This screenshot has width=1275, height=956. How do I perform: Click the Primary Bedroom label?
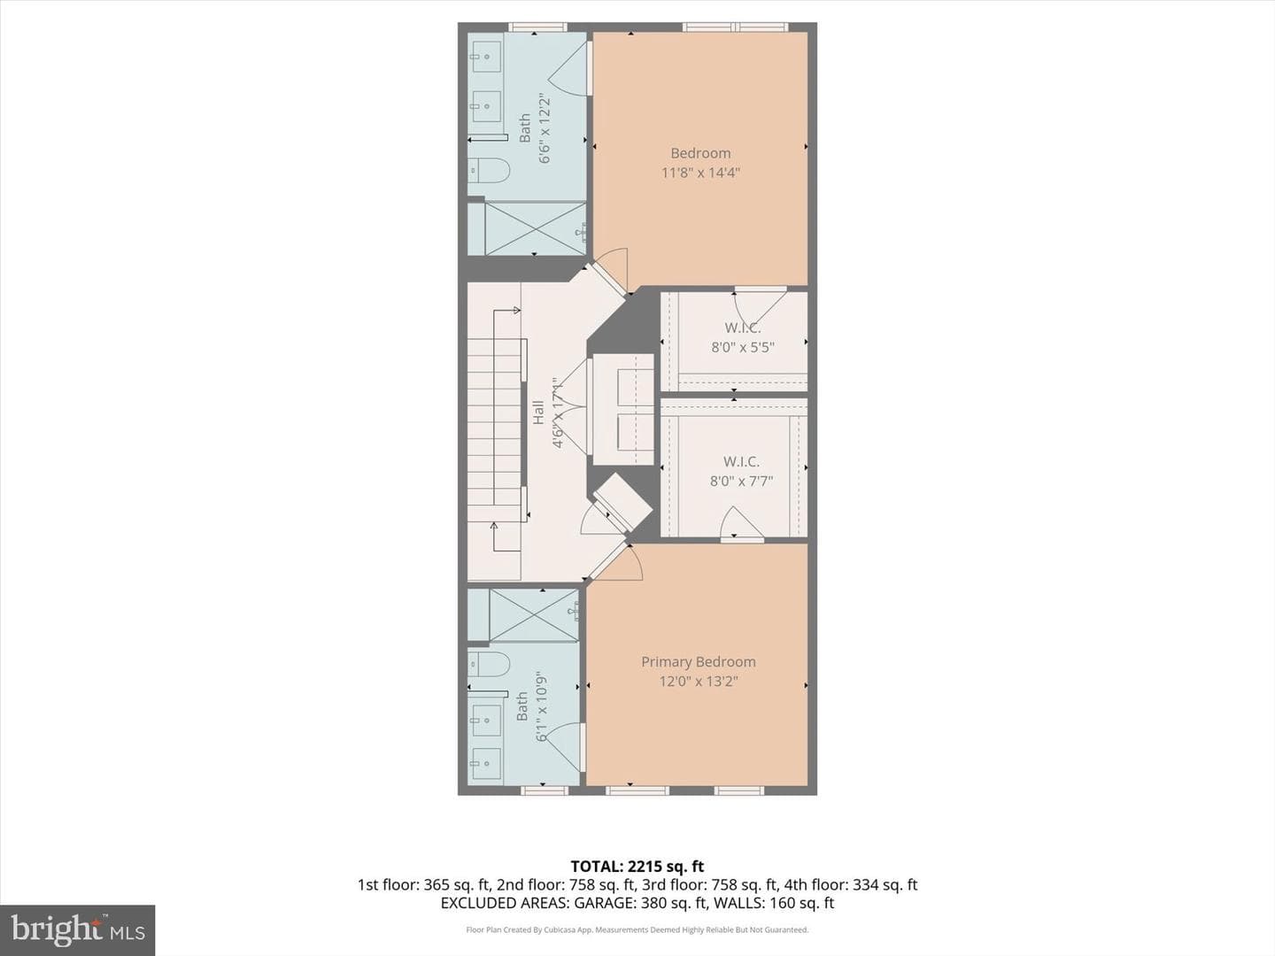click(699, 662)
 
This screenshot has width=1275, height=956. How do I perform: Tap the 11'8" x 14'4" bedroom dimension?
click(700, 173)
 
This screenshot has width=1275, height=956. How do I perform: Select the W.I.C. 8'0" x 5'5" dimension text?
click(743, 347)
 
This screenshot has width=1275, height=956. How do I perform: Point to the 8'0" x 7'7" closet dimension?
click(741, 481)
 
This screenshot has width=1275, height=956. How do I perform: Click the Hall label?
click(538, 412)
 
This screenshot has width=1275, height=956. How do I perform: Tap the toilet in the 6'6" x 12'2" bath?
click(489, 171)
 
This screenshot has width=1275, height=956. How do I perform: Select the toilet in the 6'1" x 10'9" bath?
click(489, 664)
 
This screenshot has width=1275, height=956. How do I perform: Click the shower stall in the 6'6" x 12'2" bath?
click(535, 228)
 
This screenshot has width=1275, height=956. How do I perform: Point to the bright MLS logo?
click(77, 929)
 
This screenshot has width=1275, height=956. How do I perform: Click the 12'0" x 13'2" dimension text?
click(699, 681)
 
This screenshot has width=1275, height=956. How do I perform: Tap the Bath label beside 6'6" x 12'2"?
click(524, 127)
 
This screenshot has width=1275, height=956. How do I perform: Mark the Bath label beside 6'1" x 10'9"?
click(522, 705)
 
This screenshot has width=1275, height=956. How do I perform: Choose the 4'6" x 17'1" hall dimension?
click(558, 413)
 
